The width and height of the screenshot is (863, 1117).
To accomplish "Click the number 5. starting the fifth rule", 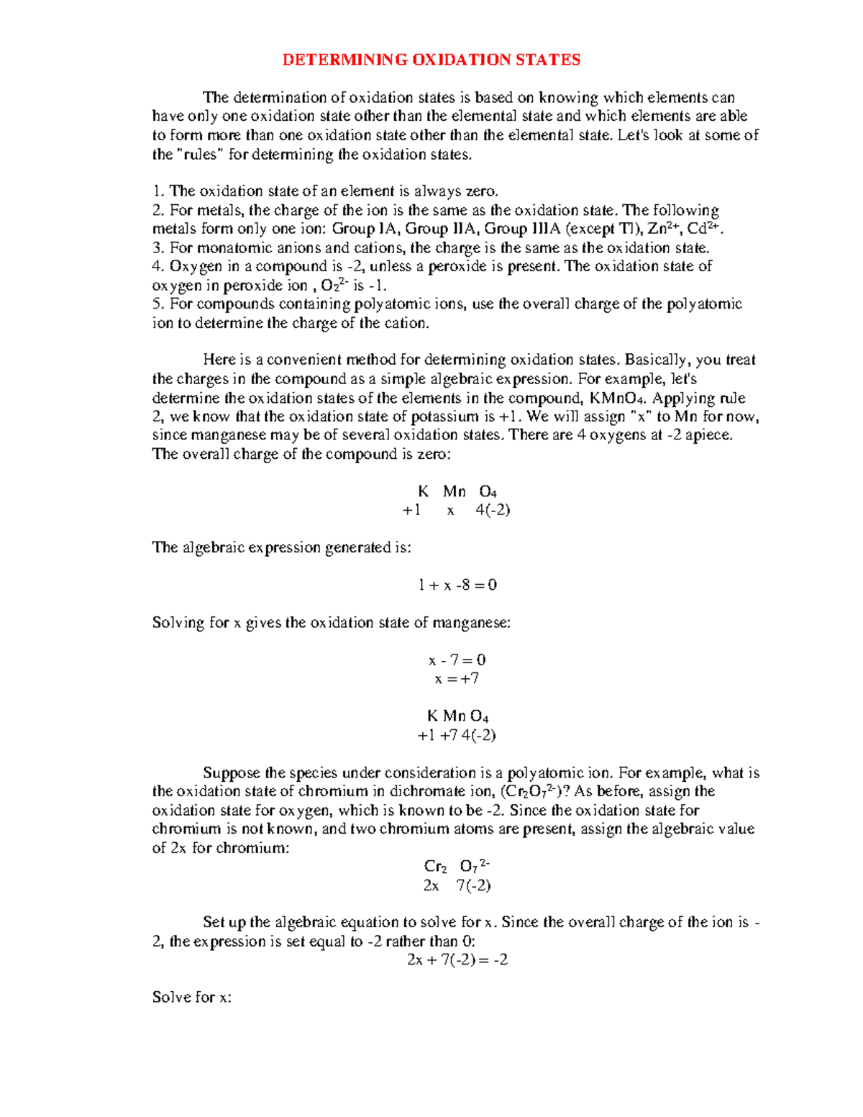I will click(159, 304).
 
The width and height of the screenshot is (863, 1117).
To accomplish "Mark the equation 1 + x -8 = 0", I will click(457, 585).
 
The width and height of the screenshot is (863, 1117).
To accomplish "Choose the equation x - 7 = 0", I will click(457, 660).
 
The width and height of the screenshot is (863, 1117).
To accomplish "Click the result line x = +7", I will click(457, 678).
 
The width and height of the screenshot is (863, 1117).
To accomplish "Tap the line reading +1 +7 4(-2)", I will click(457, 735).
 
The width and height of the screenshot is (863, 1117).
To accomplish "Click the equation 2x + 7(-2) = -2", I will click(457, 960).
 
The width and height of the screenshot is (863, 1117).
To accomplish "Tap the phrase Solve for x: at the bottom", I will click(192, 998).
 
